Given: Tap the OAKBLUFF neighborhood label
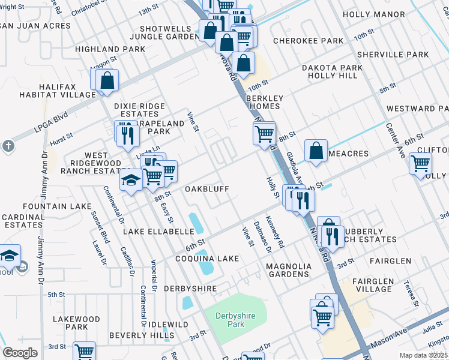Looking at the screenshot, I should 208,189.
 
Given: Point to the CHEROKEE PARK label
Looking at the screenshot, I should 308,41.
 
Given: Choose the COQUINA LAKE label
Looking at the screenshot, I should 206,259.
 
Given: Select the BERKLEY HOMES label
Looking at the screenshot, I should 264,102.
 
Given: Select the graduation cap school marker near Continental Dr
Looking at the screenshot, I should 130,180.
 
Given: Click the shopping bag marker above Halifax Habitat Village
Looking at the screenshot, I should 107,80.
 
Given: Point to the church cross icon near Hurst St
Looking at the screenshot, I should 8,146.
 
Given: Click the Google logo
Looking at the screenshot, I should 20,353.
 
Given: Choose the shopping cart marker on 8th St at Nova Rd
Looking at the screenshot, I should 264,133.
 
